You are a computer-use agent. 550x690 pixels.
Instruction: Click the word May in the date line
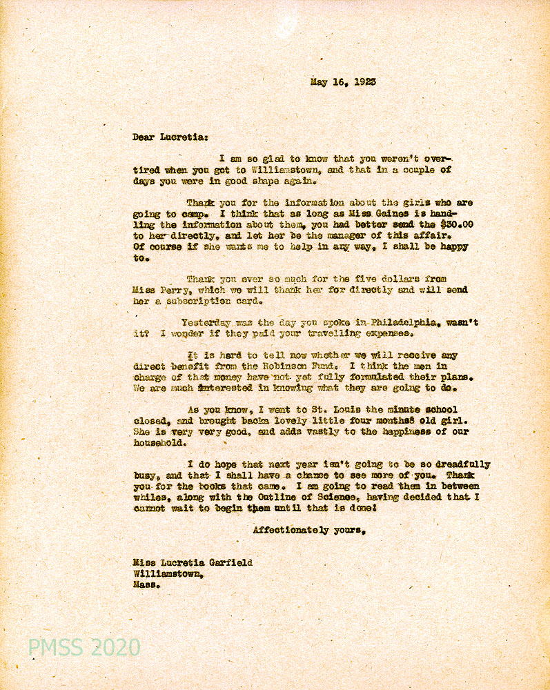(318, 81)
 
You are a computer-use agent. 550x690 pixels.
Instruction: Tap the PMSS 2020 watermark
(84, 647)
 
